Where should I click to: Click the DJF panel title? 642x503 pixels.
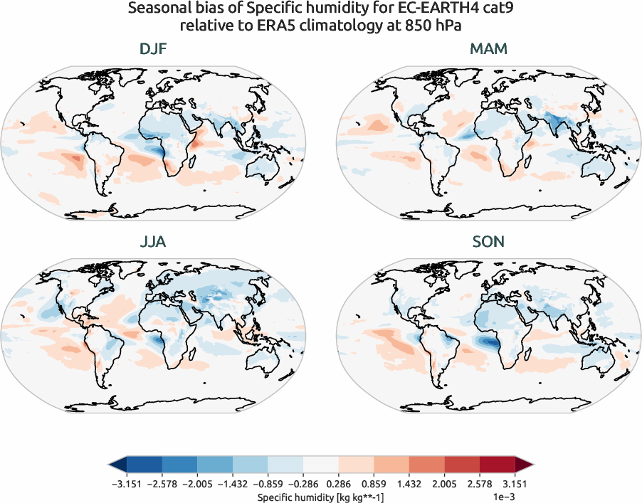(x=154, y=49)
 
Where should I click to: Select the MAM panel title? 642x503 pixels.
(x=488, y=49)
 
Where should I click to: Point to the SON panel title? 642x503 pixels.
(x=488, y=242)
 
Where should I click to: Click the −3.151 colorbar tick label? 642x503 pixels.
(x=125, y=483)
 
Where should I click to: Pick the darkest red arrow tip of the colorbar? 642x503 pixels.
(x=527, y=465)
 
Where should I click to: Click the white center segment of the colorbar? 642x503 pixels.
(x=320, y=465)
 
